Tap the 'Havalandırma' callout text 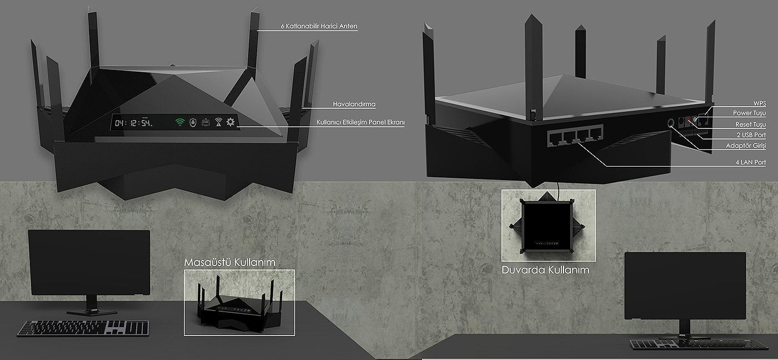pos(354,104)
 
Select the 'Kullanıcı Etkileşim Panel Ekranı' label pos(360,122)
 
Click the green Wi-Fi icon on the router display pos(179,122)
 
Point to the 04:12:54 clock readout pos(133,122)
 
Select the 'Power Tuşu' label pos(750,113)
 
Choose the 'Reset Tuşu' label pos(750,124)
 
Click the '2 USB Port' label pos(751,135)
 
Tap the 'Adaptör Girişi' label pos(746,146)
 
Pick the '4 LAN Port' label pos(750,162)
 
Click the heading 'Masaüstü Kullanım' pos(230,262)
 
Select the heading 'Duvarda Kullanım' pos(545,270)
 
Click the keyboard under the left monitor pos(83,328)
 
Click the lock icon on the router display pos(193,122)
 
